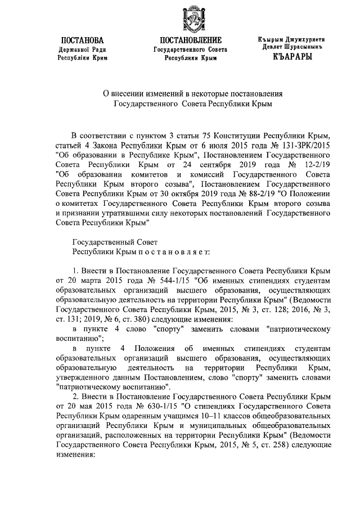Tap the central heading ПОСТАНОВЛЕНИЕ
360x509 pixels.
tap(191, 40)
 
